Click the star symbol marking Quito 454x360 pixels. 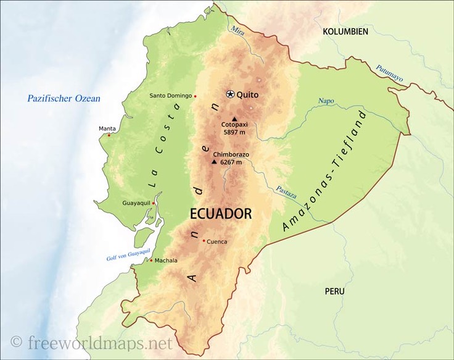(230, 94)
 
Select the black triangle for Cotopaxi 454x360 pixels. (234, 119)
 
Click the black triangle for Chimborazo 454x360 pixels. (214, 162)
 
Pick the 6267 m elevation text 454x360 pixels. (231, 162)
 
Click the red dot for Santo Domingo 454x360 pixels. (196, 96)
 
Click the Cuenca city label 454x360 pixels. (217, 241)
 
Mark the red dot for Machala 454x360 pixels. (151, 260)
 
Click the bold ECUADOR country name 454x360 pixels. (220, 214)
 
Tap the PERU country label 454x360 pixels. (334, 291)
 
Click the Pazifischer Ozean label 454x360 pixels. (64, 98)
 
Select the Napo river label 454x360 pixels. (325, 101)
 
